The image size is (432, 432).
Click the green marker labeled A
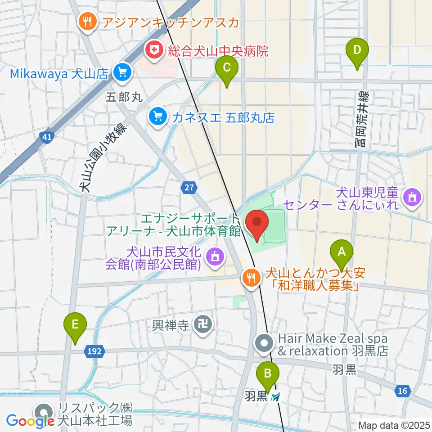click(x=342, y=251)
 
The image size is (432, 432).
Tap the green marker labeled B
click(x=268, y=373)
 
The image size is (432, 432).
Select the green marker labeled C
click(x=226, y=68)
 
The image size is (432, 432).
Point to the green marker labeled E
click(x=75, y=324)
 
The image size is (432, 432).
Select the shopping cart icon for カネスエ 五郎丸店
click(x=157, y=118)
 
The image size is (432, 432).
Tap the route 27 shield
click(x=189, y=187)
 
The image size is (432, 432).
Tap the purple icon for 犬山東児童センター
click(x=411, y=197)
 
